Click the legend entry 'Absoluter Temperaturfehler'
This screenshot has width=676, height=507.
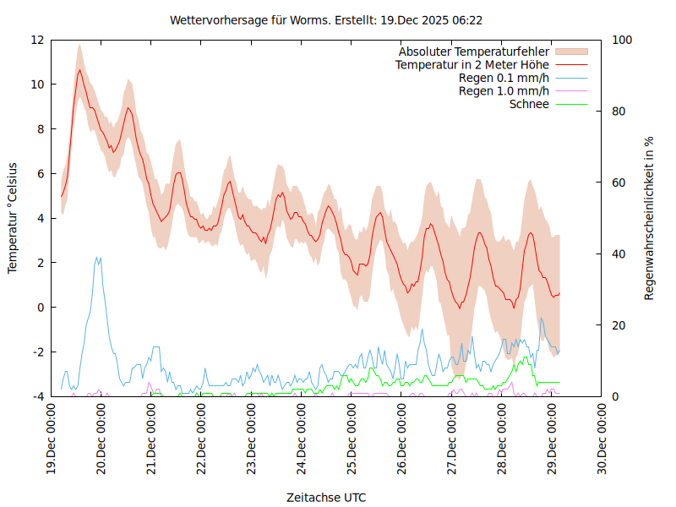coord(473,52)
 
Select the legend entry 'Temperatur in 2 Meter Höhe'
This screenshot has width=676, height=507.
coord(472,64)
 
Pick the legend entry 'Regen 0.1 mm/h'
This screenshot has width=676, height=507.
coord(504,78)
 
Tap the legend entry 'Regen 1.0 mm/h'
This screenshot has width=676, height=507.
coord(504,90)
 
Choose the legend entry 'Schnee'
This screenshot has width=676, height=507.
coord(529,104)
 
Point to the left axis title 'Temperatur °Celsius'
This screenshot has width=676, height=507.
coord(13,217)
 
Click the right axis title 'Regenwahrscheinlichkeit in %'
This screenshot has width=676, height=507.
coord(649,217)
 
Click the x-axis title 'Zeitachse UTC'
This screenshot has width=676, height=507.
coord(326,497)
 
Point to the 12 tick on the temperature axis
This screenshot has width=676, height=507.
coord(36,40)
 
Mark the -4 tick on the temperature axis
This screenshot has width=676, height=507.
coord(36,396)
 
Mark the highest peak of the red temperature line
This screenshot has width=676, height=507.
coord(79,69)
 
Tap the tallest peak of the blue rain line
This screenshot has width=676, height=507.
coord(97,257)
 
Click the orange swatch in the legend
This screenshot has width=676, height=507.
coord(570,52)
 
